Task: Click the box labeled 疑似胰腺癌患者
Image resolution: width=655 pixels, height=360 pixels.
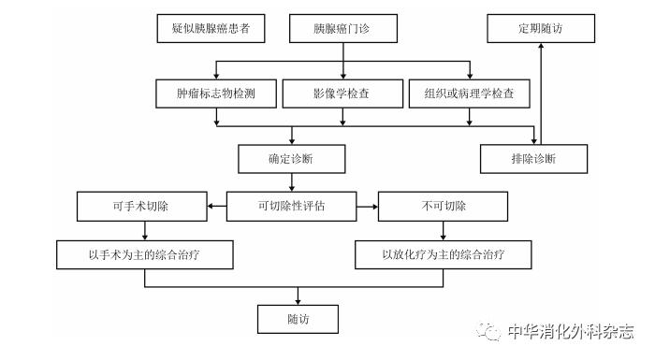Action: [211, 29]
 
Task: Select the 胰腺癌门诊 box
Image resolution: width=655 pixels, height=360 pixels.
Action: [342, 29]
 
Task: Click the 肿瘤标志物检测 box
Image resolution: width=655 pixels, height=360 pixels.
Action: [216, 94]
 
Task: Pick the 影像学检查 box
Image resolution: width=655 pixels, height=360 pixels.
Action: [342, 94]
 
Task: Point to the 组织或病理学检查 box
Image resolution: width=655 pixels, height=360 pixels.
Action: [470, 94]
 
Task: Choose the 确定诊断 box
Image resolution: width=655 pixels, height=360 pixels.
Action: [290, 158]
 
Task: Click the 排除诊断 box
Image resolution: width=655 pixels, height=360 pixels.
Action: [534, 158]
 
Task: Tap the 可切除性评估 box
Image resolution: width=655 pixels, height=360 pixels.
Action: [291, 206]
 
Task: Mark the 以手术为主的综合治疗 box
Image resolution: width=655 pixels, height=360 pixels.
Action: [144, 254]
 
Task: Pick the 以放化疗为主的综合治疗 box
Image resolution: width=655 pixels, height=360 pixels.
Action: [444, 254]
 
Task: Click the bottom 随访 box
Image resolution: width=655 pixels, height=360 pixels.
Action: [298, 319]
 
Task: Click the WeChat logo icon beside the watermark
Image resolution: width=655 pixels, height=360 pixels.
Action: [488, 331]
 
